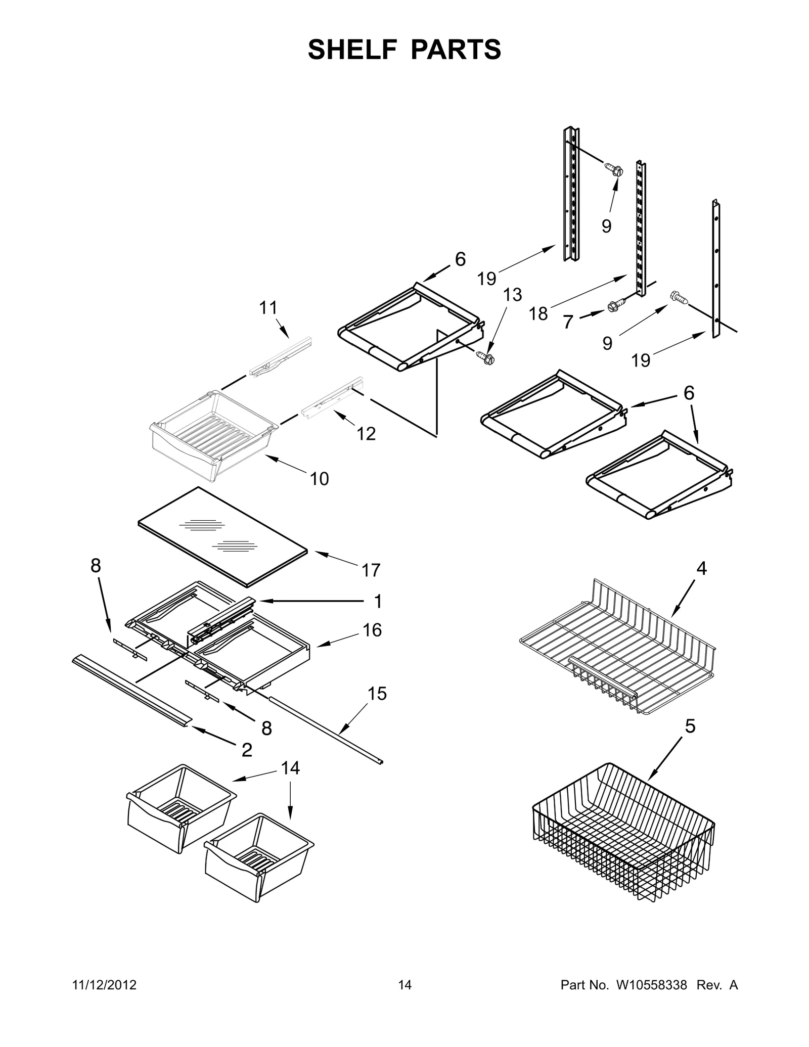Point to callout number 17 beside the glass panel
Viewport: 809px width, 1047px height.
(x=371, y=570)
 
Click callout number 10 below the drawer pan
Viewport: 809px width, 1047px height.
(x=319, y=478)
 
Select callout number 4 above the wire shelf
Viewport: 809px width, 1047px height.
(x=701, y=568)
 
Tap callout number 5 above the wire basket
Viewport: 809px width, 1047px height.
(x=690, y=726)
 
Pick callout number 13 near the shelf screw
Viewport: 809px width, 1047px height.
(x=513, y=294)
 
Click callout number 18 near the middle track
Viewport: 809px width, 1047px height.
(x=538, y=314)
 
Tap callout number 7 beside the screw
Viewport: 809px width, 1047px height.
(x=568, y=322)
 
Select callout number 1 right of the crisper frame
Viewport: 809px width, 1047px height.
(x=378, y=602)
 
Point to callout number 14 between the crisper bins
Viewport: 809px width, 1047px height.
(x=290, y=768)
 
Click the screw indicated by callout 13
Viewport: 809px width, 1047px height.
(x=486, y=358)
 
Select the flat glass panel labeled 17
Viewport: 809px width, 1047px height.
(x=222, y=536)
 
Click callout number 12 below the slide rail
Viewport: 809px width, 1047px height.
(x=366, y=433)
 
